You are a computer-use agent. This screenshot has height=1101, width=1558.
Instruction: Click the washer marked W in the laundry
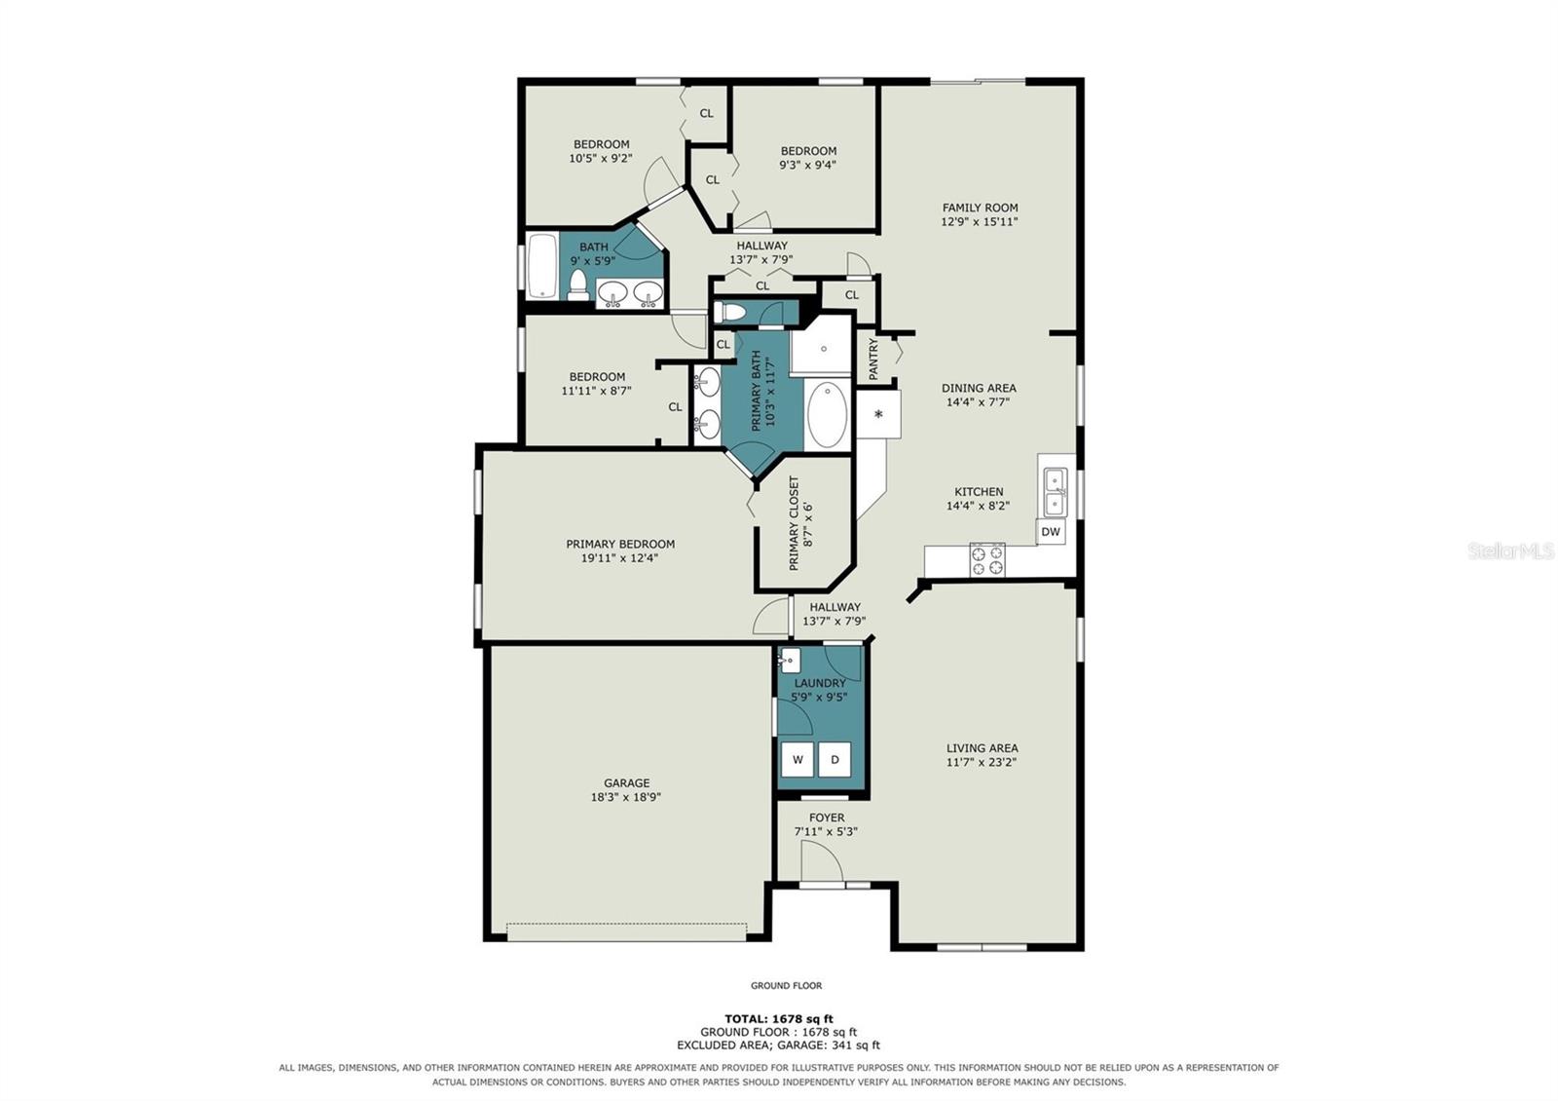(x=798, y=759)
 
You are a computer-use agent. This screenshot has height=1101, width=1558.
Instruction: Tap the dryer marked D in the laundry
(x=835, y=759)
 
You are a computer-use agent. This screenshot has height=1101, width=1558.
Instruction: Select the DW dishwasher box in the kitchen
(x=1051, y=532)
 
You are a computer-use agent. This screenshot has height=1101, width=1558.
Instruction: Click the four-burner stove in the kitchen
(x=987, y=560)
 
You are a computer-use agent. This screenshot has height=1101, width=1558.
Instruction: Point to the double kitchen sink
(x=1055, y=493)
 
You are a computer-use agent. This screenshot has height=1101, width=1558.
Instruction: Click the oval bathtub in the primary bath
(x=827, y=415)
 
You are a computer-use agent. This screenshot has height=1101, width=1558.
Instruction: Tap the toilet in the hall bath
(x=578, y=285)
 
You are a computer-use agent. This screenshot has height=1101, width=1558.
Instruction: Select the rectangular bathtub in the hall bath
(x=542, y=266)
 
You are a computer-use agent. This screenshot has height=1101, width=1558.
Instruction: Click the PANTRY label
(x=873, y=360)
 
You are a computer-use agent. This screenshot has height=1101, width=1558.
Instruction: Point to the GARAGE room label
(x=627, y=783)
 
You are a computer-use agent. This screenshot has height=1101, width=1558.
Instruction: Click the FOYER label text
(x=827, y=817)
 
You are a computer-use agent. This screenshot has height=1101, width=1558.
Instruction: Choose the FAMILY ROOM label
(x=980, y=208)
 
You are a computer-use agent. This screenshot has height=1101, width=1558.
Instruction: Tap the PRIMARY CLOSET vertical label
(x=794, y=523)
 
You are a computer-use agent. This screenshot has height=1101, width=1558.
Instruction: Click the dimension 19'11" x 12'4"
(x=619, y=558)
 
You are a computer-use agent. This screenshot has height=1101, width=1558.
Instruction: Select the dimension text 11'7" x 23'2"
(x=982, y=762)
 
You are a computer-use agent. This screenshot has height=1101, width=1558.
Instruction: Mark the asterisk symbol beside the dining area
(x=878, y=415)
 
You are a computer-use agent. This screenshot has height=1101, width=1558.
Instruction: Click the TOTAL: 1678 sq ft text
(x=779, y=1019)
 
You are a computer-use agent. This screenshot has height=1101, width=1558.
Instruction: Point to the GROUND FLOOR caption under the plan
(x=786, y=985)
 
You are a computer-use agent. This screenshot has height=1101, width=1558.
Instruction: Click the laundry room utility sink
(x=790, y=661)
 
